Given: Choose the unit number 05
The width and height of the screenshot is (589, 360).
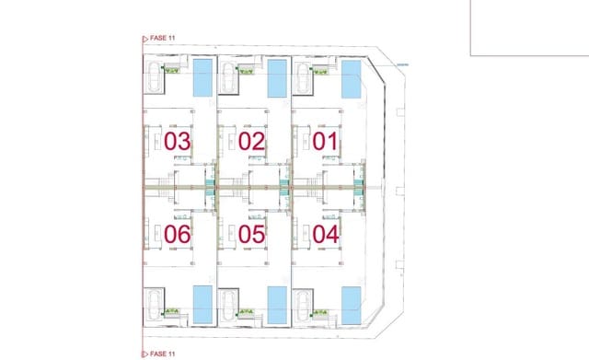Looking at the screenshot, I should [x=251, y=234].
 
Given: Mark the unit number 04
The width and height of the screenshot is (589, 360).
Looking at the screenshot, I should [x=326, y=234].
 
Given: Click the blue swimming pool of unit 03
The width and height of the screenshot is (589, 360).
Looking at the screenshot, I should [x=202, y=78].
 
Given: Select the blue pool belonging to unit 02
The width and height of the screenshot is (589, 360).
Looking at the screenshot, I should [x=276, y=78].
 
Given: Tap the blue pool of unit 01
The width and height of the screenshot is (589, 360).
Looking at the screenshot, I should [x=351, y=78].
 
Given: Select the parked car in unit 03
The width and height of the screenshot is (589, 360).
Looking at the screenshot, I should [x=155, y=79].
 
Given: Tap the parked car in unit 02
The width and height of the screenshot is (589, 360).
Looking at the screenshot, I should [x=229, y=79].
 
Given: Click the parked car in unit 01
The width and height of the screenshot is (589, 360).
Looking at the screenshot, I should [x=304, y=79].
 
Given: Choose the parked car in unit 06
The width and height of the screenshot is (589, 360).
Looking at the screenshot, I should [x=155, y=303].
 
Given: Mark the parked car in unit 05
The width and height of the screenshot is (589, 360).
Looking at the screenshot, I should [x=229, y=303].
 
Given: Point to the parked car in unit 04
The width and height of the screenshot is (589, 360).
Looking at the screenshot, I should [x=304, y=303].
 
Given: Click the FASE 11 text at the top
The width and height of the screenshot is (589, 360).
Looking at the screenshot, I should [x=162, y=40].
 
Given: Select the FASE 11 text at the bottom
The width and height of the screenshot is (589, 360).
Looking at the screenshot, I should [x=162, y=353].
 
